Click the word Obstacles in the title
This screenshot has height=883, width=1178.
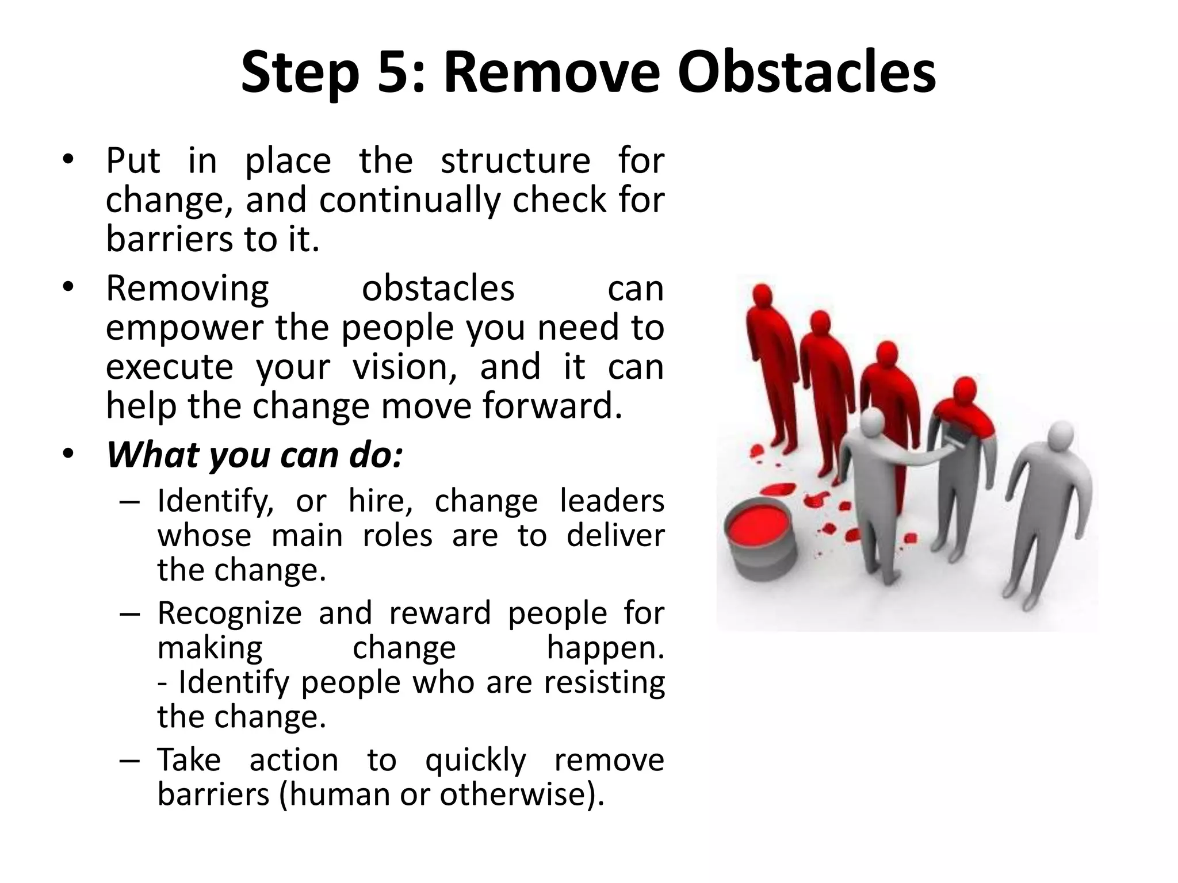click(x=806, y=73)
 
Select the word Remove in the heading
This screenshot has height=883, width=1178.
click(x=551, y=73)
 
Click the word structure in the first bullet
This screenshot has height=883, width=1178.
click(x=515, y=161)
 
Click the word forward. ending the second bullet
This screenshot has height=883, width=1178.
click(x=552, y=406)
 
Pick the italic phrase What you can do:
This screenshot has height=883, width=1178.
click(x=254, y=455)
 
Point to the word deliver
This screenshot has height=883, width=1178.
click(x=615, y=536)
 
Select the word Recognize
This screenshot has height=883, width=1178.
click(x=230, y=613)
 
